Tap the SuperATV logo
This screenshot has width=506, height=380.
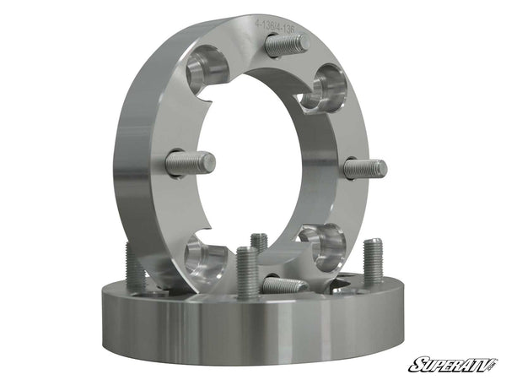pos(453,365)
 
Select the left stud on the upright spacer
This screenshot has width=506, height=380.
pos(191,163)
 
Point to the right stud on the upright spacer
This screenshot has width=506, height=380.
pos(364,168)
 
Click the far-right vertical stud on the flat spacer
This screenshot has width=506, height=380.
pos(373,261)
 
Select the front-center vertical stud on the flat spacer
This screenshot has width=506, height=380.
pos(246,272)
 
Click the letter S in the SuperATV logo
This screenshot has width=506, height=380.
pos(415,365)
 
